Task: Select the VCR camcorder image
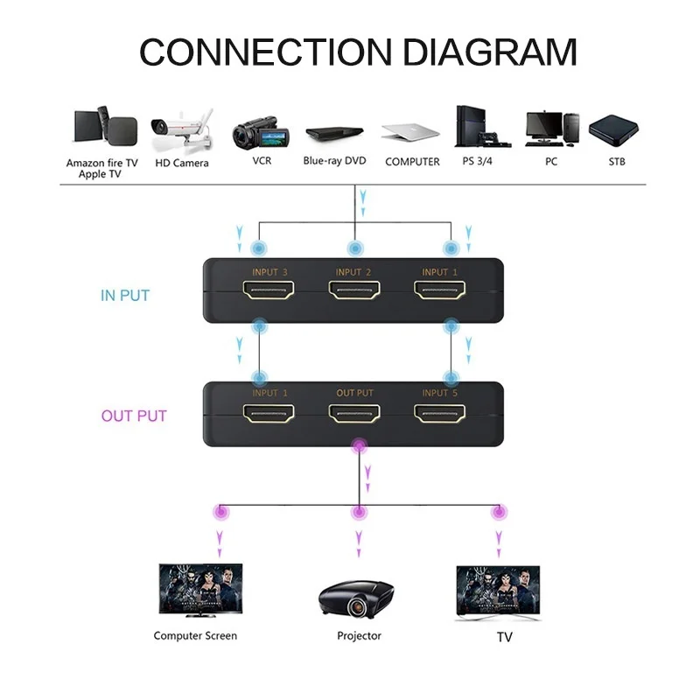pyautogui.click(x=261, y=133)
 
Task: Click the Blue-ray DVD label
pyautogui.click(x=334, y=161)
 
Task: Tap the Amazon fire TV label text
pyautogui.click(x=101, y=163)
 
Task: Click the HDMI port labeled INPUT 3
pyautogui.click(x=269, y=292)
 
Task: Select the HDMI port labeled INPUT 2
pyautogui.click(x=355, y=292)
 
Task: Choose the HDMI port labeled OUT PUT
pyautogui.click(x=355, y=412)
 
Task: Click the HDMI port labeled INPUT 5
pyautogui.click(x=440, y=412)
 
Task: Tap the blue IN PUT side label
pyautogui.click(x=124, y=296)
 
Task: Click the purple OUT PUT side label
pyautogui.click(x=134, y=416)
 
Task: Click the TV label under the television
pyautogui.click(x=504, y=637)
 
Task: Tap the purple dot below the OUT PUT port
pyautogui.click(x=358, y=447)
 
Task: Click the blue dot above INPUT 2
pyautogui.click(x=354, y=248)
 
